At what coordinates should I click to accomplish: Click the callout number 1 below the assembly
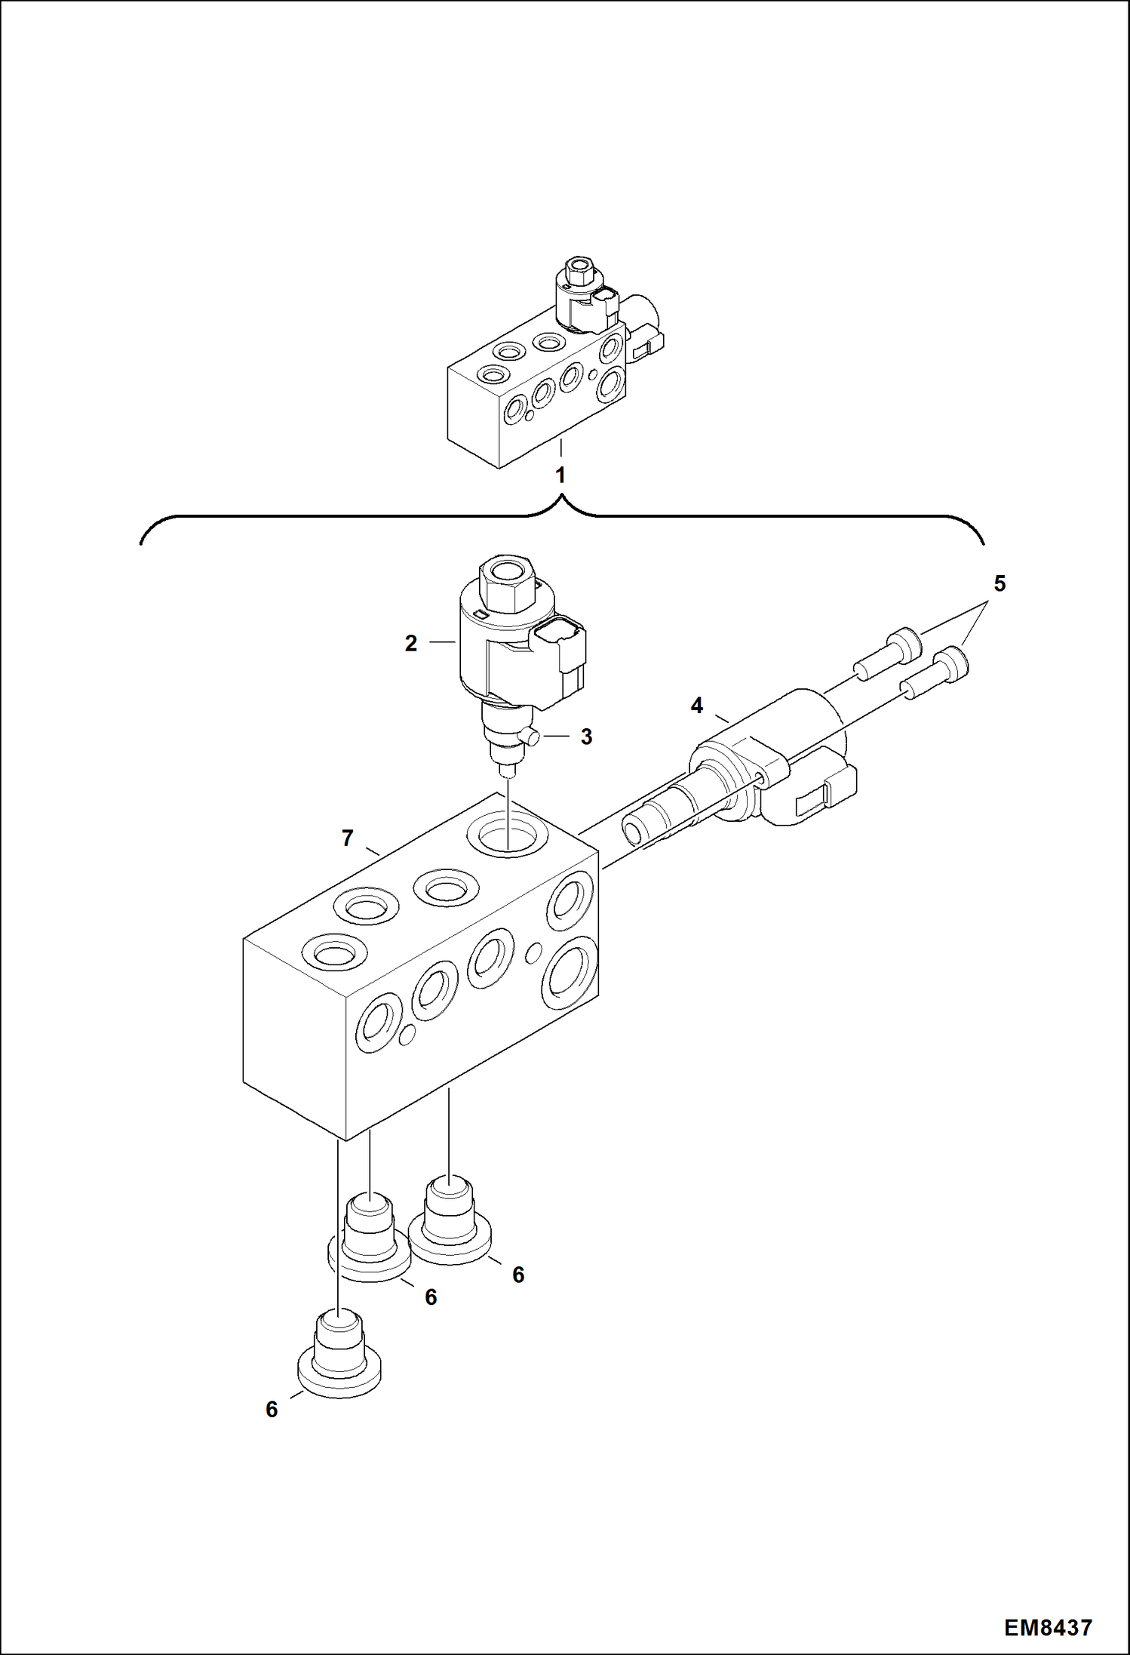point(560,475)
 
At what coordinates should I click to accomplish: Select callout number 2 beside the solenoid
point(411,644)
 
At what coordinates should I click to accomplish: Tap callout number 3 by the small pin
point(586,737)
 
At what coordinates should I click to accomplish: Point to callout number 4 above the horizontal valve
point(696,706)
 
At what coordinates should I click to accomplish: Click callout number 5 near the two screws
point(999,583)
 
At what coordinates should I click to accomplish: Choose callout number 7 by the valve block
point(347,838)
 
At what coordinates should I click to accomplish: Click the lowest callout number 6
point(272,1409)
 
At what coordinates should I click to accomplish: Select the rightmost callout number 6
point(517,1275)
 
